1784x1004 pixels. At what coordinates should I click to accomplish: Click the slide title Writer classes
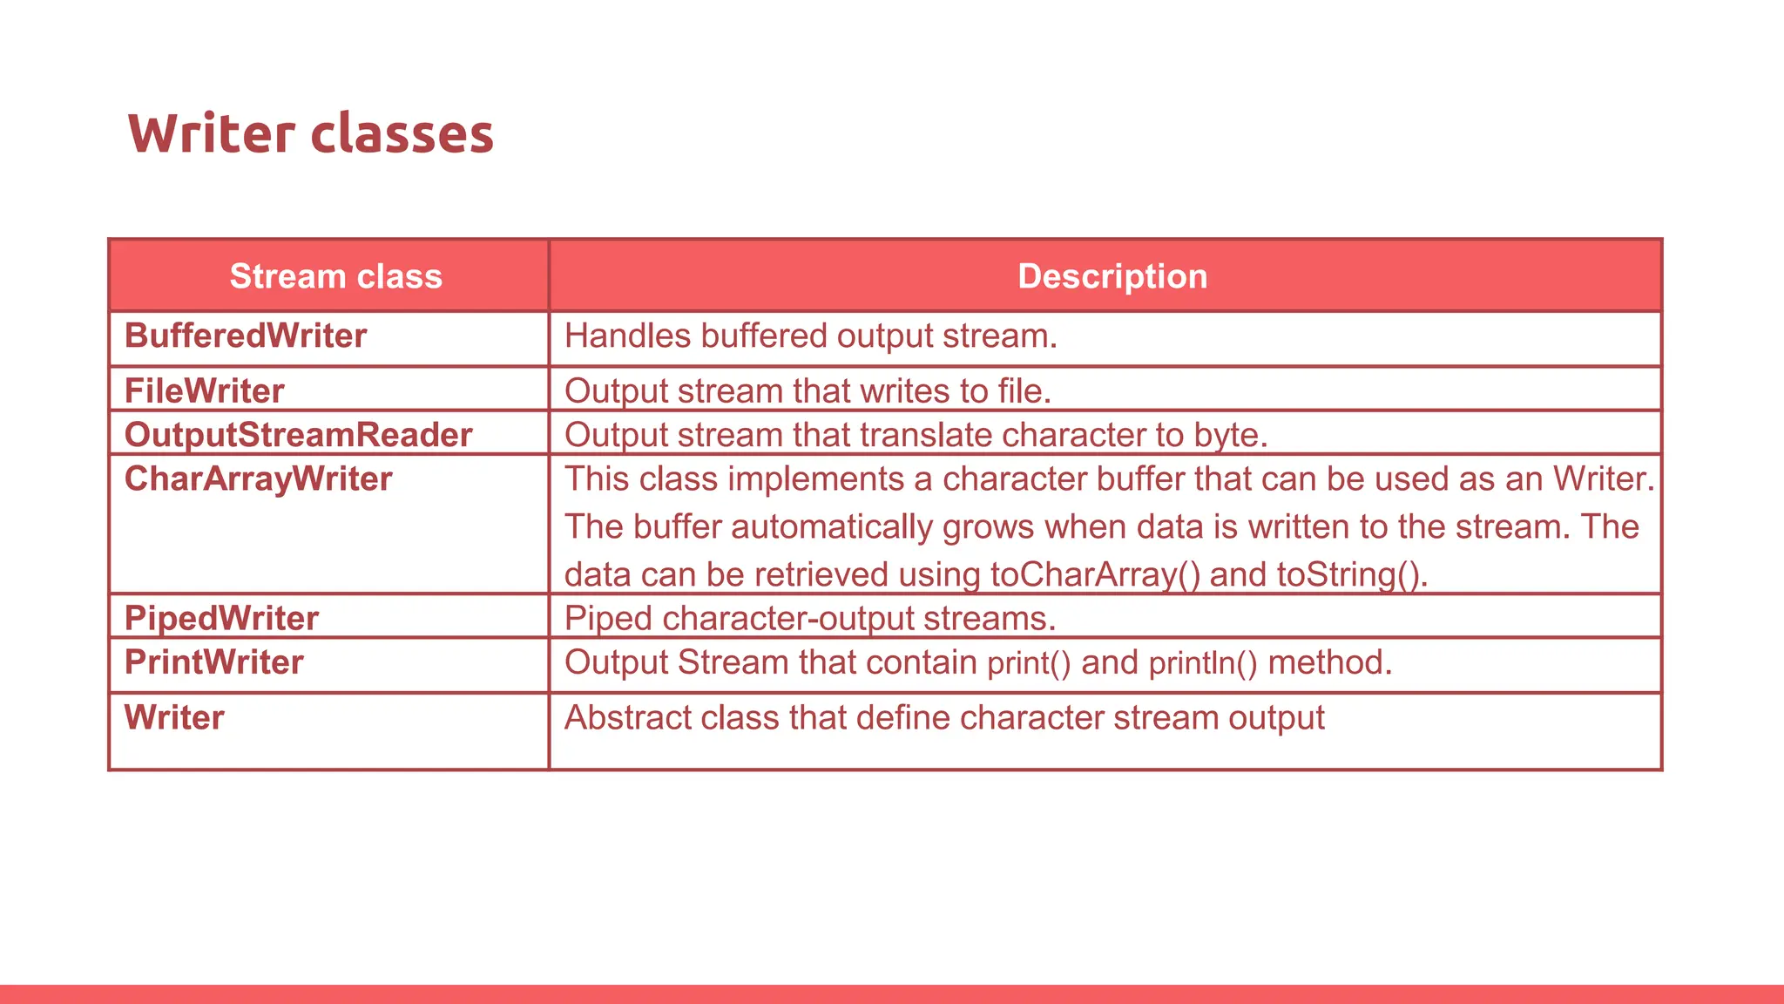pos(311,134)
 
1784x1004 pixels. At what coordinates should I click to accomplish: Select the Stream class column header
pos(335,276)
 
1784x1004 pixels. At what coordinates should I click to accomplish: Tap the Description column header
pos(1112,276)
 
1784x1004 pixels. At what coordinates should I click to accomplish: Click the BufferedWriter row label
pos(246,336)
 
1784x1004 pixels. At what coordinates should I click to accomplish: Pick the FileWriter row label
pos(205,391)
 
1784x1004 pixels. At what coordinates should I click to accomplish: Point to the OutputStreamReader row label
pos(298,435)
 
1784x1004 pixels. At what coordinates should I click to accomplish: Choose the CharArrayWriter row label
pos(258,479)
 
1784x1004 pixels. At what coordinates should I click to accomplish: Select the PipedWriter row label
pos(221,619)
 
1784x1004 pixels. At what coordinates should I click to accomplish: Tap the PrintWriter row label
pos(214,662)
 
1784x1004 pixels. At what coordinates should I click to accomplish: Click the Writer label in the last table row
pos(174,718)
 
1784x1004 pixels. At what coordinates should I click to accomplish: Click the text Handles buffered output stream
pos(810,336)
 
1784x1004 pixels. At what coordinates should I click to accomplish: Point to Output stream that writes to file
pos(808,391)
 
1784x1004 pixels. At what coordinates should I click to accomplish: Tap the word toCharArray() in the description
pos(1095,575)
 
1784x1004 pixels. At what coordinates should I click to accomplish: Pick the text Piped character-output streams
pos(809,619)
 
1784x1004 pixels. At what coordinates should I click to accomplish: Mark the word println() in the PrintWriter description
pos(1203,663)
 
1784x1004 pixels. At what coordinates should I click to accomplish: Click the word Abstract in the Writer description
pos(627,718)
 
